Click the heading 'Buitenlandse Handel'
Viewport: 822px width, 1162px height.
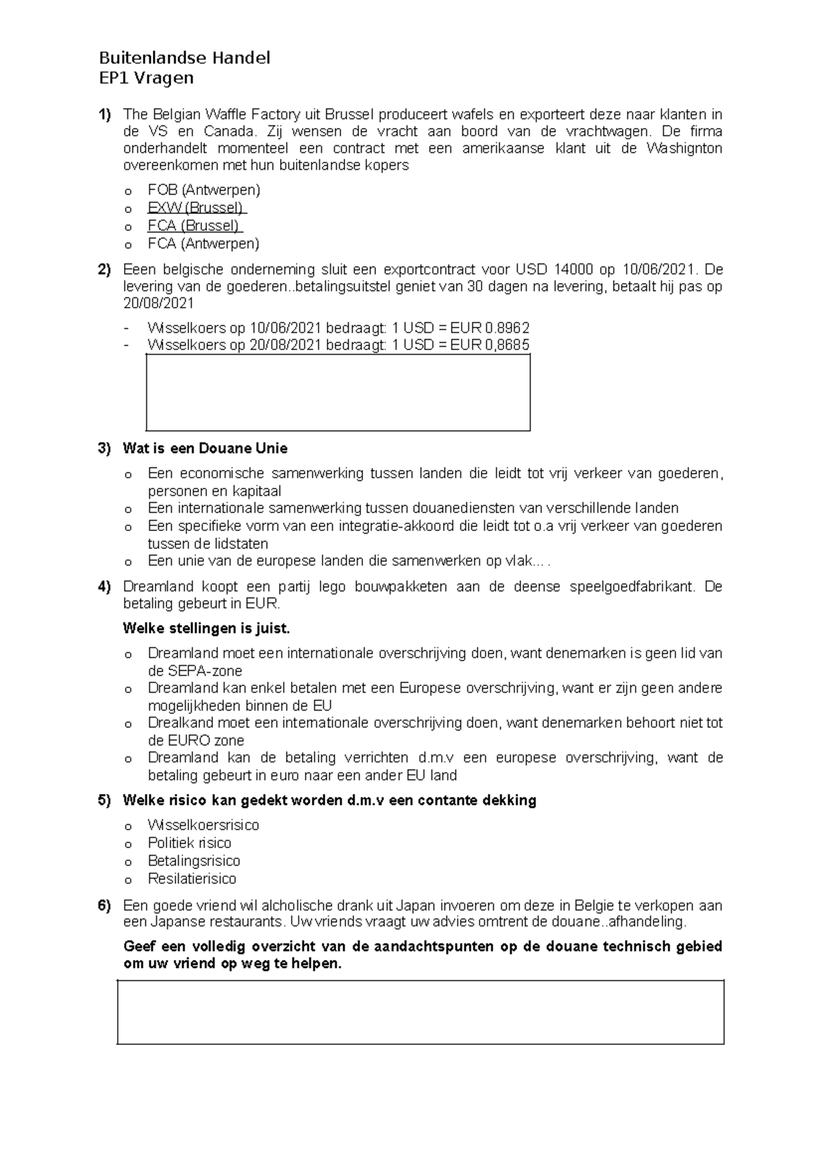(184, 58)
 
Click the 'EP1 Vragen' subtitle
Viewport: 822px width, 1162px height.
(146, 78)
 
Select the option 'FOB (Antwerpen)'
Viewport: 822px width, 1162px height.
(203, 190)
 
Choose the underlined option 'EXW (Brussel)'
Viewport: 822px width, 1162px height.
(196, 208)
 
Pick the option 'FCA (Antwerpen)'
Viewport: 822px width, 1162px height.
(203, 243)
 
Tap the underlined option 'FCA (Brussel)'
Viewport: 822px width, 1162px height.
(194, 225)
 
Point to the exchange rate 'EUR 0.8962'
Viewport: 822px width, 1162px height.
(489, 327)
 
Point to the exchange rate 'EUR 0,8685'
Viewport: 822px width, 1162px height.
(489, 345)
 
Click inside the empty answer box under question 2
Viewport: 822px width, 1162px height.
(338, 392)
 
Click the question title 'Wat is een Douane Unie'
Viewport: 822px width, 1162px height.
(205, 449)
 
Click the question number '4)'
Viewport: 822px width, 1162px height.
(104, 586)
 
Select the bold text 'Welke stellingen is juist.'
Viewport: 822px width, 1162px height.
(206, 628)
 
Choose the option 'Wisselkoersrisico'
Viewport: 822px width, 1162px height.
(203, 825)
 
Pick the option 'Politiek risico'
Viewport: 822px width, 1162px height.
(189, 843)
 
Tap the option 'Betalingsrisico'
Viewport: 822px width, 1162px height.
(194, 861)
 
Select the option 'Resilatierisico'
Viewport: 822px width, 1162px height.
(192, 878)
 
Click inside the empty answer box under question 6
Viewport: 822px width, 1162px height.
(420, 1012)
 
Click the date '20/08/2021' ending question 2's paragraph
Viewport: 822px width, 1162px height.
(158, 304)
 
